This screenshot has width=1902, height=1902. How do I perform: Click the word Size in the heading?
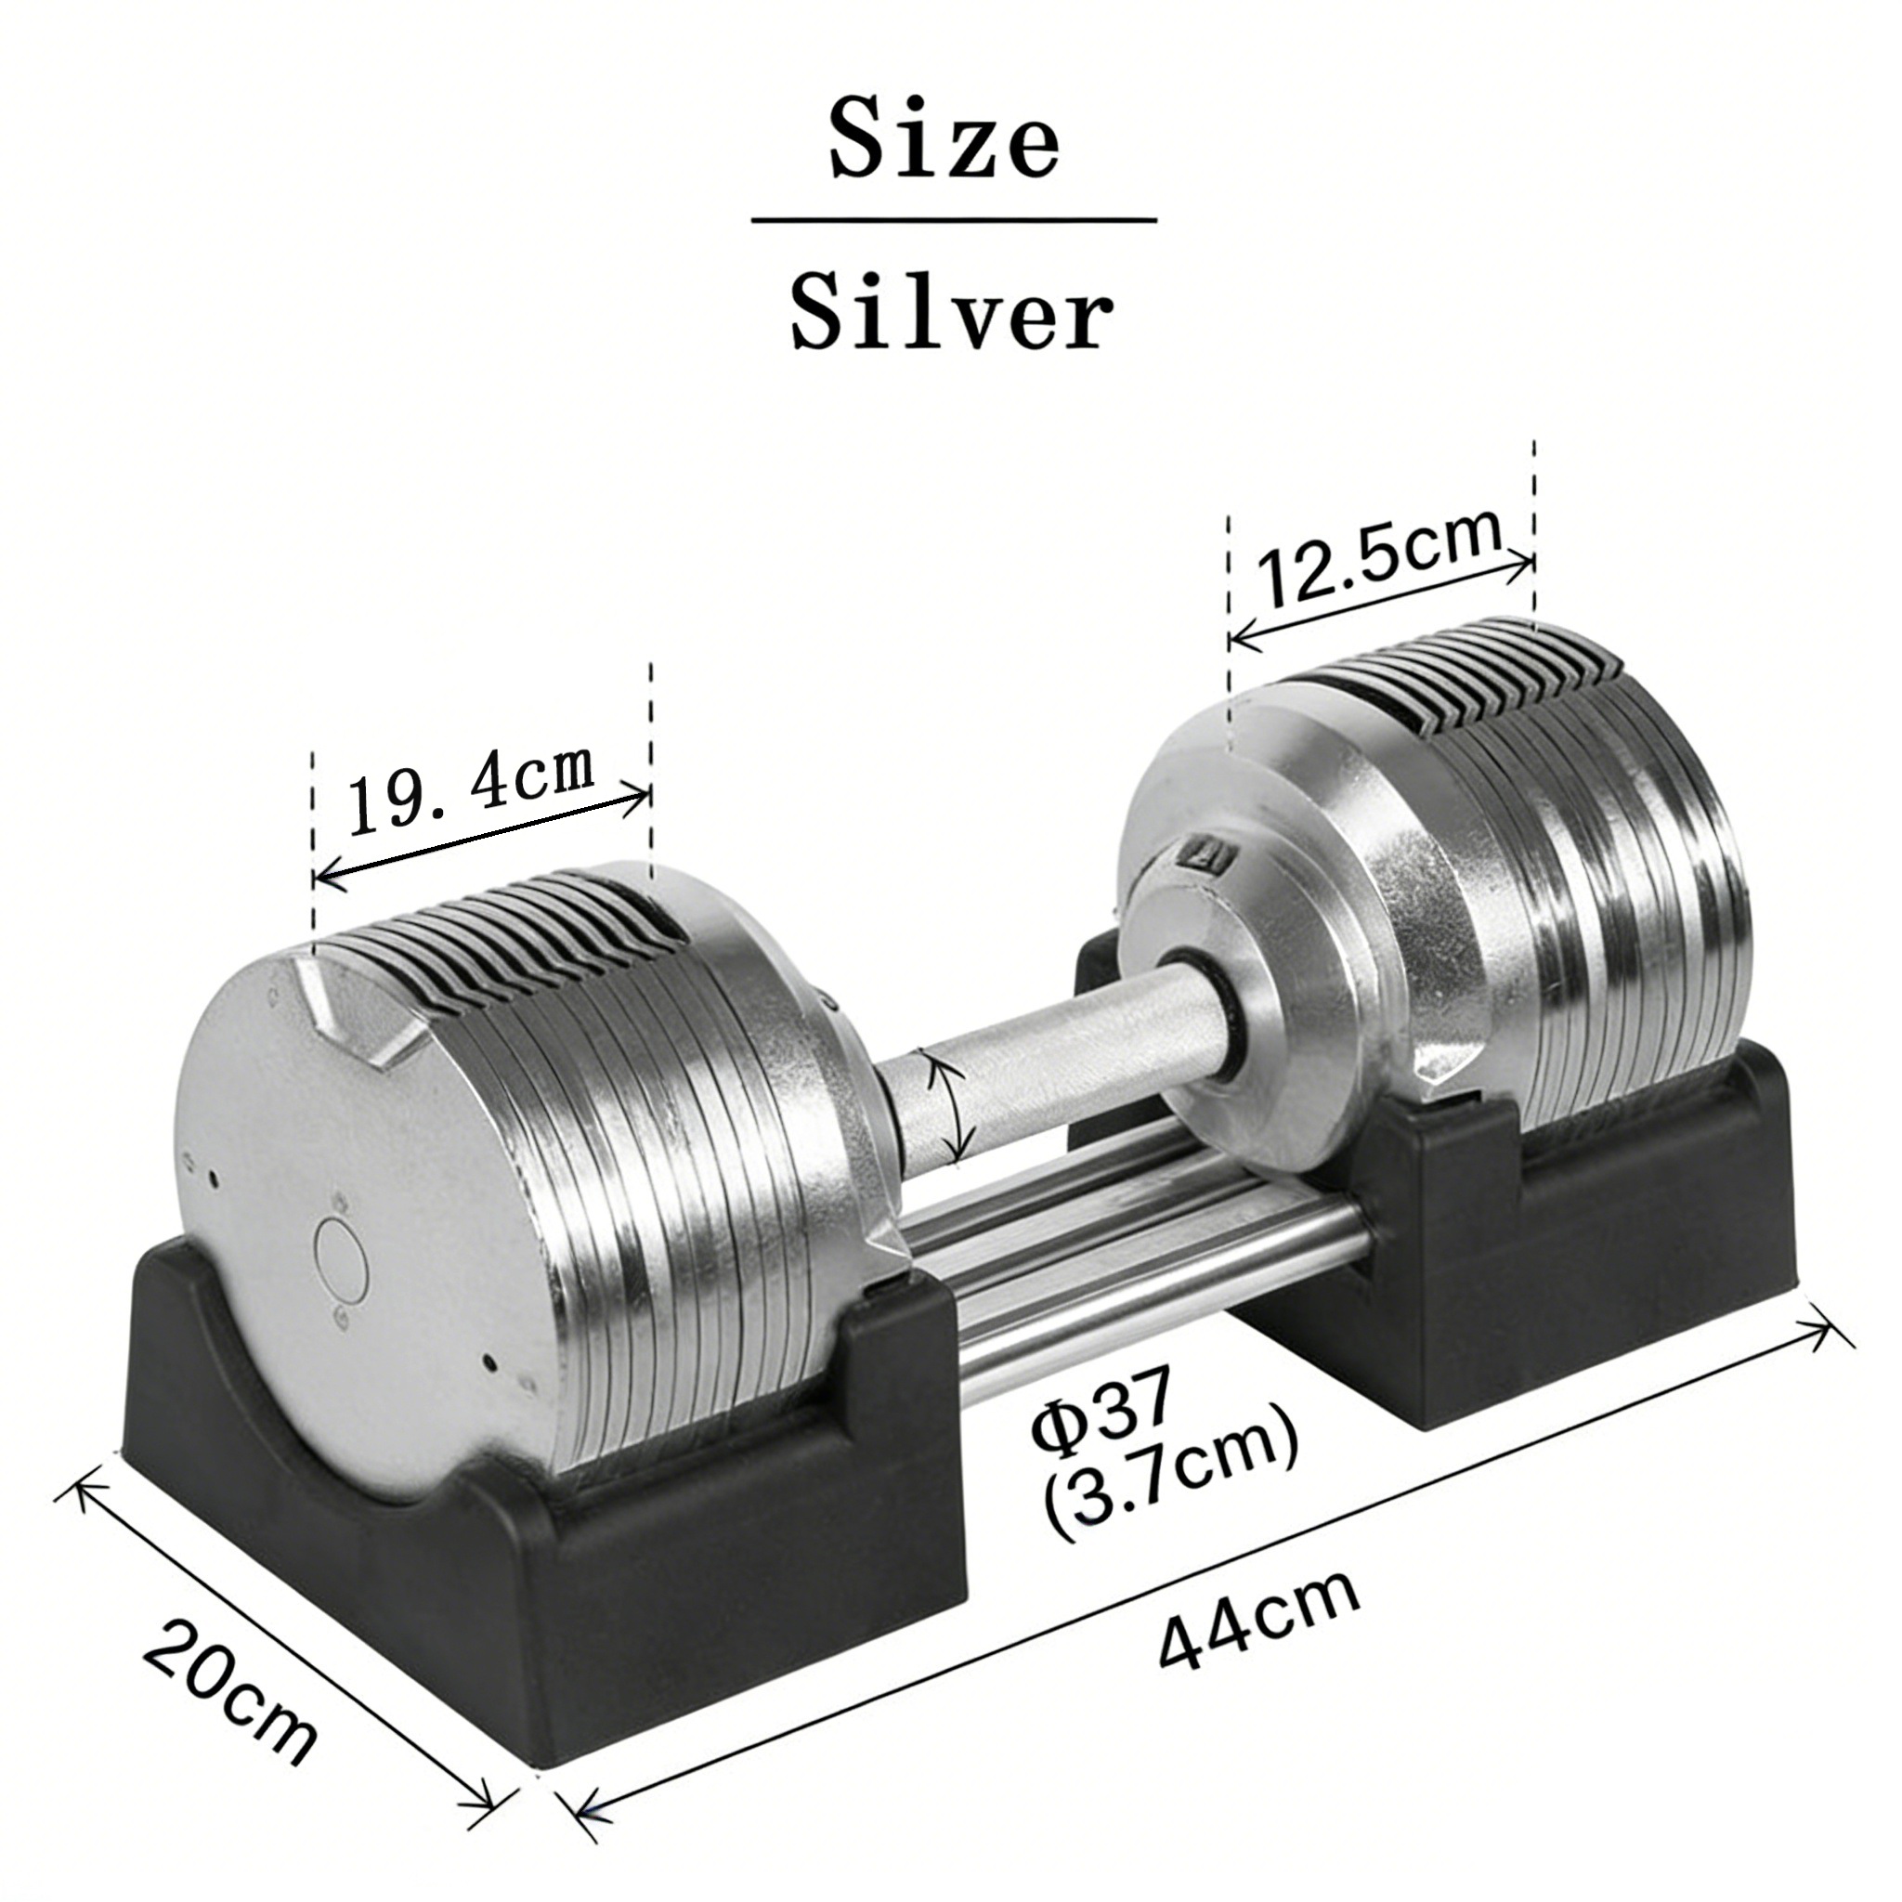point(944,141)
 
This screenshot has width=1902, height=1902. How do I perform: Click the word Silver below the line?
point(952,312)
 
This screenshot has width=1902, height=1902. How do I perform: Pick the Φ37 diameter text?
point(1101,1416)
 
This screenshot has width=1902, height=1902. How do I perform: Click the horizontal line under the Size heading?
point(954,220)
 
